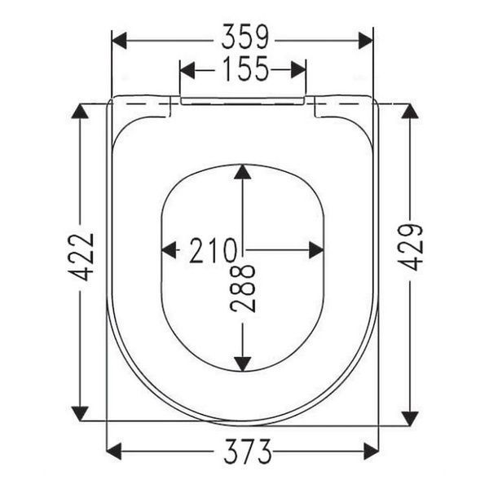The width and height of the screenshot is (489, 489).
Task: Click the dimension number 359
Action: (244, 37)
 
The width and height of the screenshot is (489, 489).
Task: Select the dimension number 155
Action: (246, 68)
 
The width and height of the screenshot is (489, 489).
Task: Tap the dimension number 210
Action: (214, 250)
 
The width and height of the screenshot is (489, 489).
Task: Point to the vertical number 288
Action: (243, 289)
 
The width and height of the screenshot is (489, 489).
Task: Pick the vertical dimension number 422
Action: (81, 257)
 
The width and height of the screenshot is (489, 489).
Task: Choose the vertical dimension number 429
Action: (411, 247)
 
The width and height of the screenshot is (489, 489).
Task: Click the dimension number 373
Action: (248, 452)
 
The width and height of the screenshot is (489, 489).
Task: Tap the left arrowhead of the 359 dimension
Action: (119, 40)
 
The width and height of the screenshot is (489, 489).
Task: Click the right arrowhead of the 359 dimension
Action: (365, 40)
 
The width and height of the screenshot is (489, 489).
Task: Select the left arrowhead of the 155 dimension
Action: (187, 70)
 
